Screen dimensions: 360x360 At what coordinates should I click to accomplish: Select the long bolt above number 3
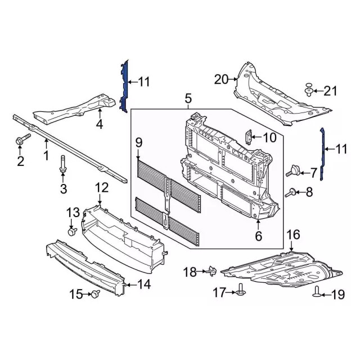[x=63, y=165]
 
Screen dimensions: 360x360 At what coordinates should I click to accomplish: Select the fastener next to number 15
[x=95, y=293]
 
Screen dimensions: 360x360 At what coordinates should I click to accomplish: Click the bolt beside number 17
[x=242, y=290]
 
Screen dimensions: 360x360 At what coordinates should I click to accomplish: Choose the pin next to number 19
[x=317, y=291]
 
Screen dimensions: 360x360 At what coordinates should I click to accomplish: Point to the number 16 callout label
[x=293, y=235]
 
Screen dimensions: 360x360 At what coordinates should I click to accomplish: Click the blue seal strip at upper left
[x=125, y=87]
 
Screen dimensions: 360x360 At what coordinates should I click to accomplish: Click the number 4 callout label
[x=99, y=124]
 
